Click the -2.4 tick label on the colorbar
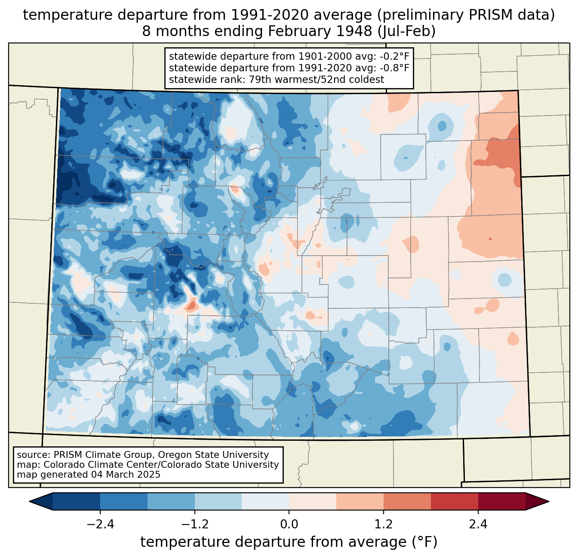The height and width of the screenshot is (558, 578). pos(100,524)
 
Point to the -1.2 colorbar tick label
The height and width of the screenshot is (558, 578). pos(195,524)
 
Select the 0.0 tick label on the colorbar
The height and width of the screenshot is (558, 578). pos(289,524)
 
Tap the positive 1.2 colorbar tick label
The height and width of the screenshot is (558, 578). pos(384,524)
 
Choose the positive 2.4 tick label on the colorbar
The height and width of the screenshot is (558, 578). pos(478,524)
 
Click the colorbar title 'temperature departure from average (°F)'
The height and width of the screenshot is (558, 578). pos(289,542)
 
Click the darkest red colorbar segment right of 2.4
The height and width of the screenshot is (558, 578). pos(501,501)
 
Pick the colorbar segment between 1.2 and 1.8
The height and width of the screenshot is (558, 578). pos(407,501)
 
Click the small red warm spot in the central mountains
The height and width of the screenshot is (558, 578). pos(191,305)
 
